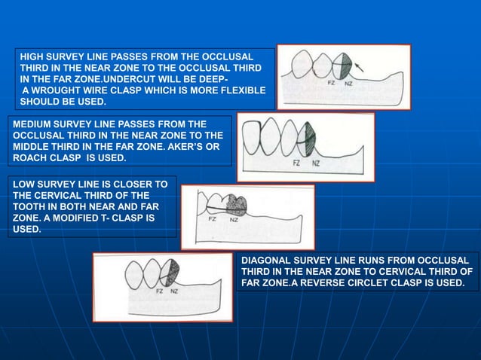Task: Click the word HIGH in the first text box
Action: (32, 56)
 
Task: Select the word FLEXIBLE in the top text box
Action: (241, 90)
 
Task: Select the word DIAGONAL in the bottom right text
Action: (268, 260)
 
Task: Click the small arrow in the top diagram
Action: (359, 66)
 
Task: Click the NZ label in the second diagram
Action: (315, 162)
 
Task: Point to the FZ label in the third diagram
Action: (214, 218)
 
